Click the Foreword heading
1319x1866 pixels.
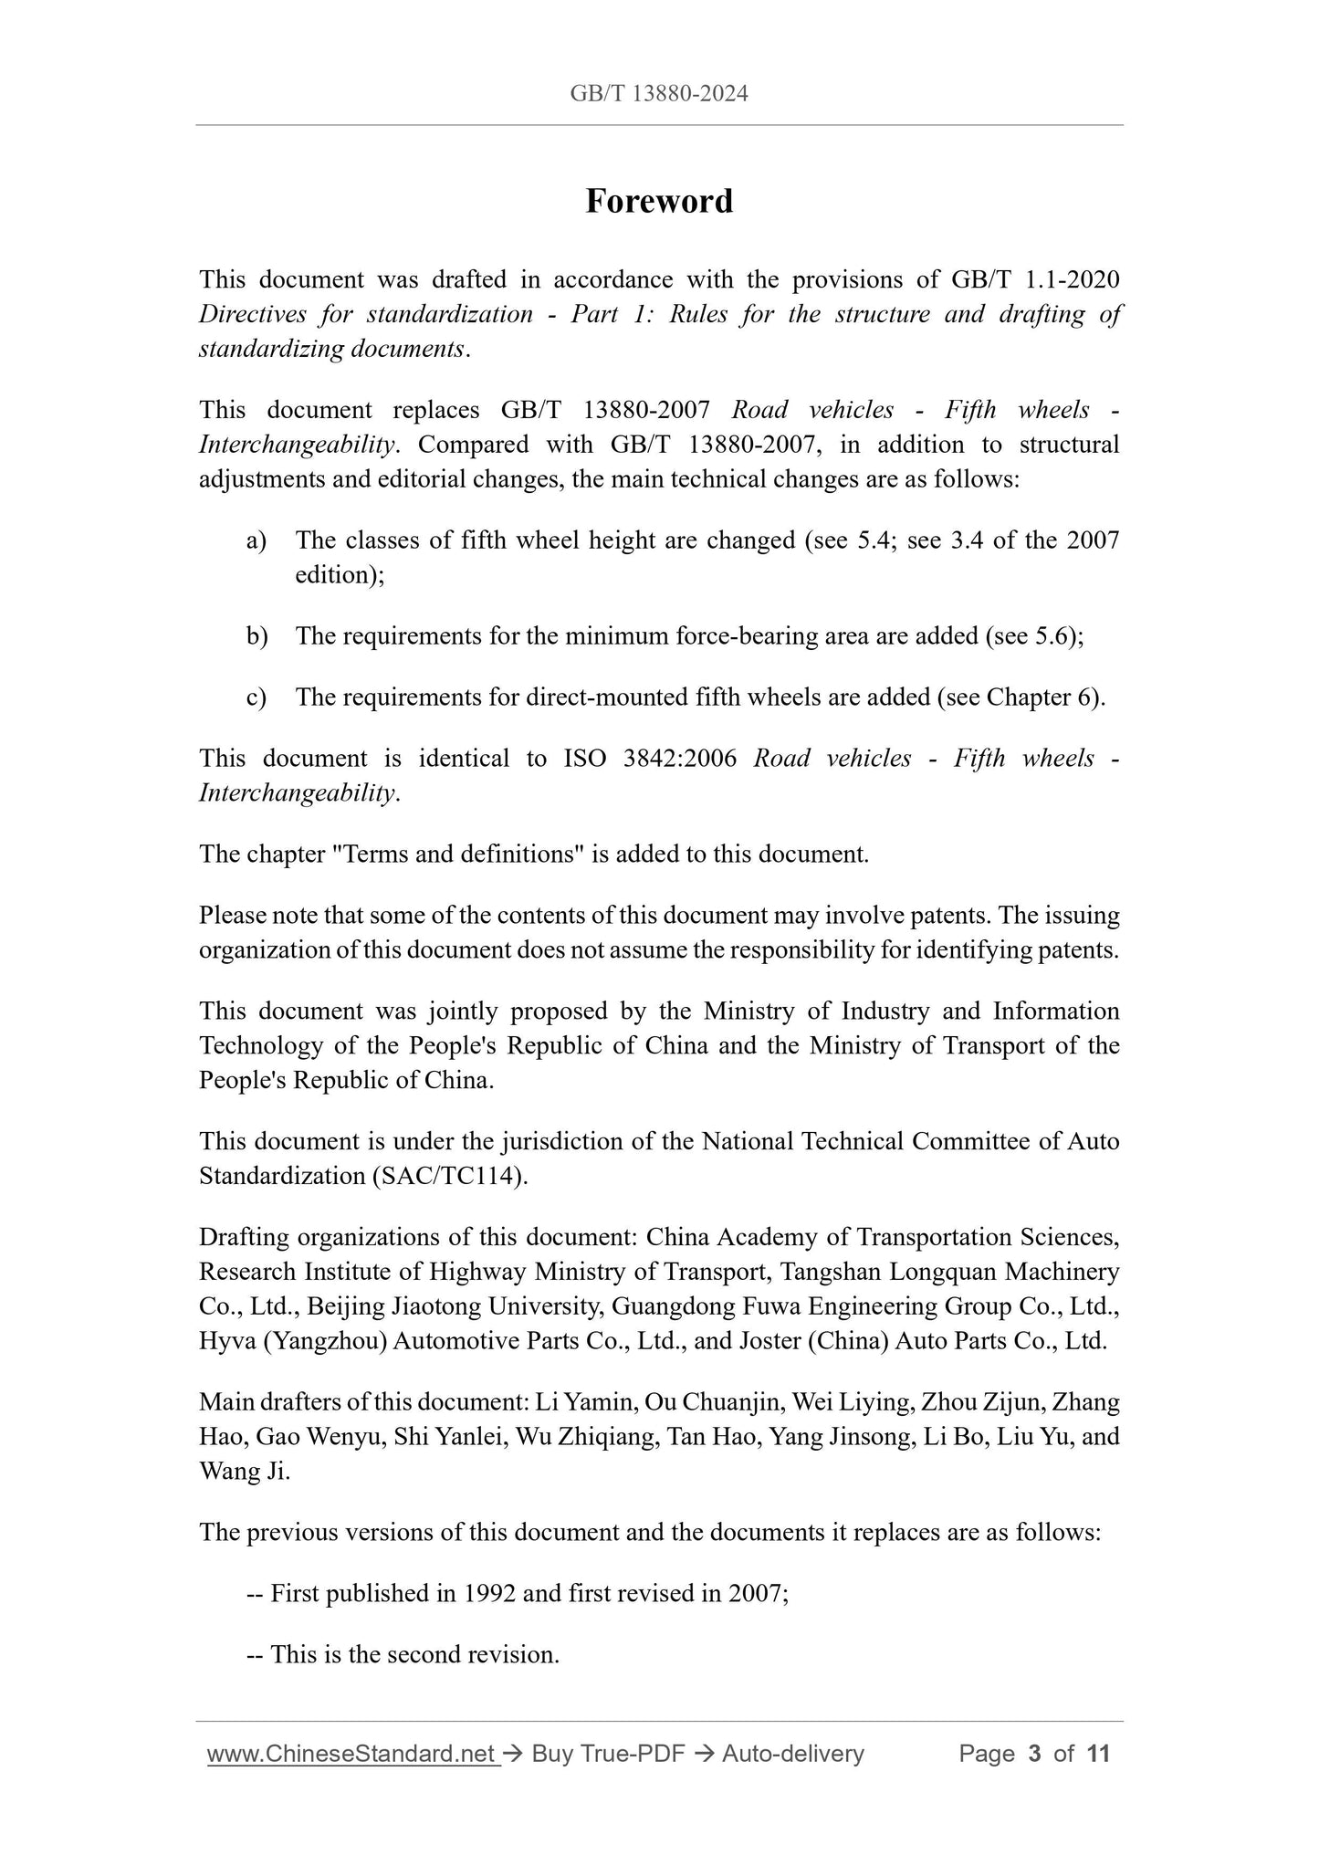pyautogui.click(x=659, y=201)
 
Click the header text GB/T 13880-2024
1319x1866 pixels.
pyautogui.click(x=659, y=93)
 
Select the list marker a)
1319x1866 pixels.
pyautogui.click(x=256, y=540)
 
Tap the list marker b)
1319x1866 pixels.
pyautogui.click(x=256, y=636)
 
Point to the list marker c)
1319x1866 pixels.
pyautogui.click(x=256, y=697)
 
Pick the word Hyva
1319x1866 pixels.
pyautogui.click(x=226, y=1341)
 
